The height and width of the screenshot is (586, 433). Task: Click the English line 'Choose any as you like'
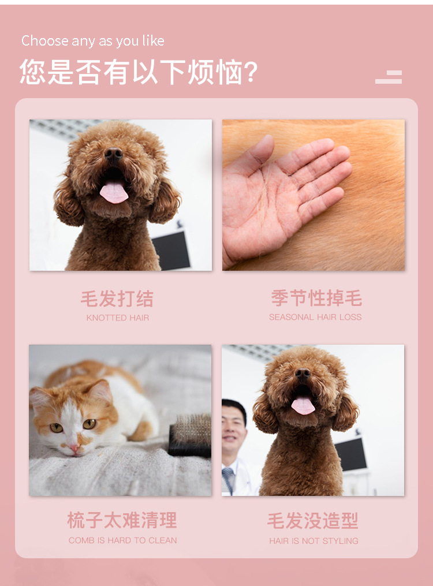pos(93,41)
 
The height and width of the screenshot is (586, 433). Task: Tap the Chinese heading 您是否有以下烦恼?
pos(139,72)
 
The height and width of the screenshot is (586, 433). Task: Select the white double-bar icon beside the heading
pos(389,77)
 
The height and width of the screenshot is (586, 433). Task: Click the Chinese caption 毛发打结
pos(117,298)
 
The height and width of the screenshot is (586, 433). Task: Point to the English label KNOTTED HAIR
pos(118,318)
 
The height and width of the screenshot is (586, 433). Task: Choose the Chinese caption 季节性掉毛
pos(316,298)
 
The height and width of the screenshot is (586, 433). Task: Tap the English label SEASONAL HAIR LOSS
pos(315,317)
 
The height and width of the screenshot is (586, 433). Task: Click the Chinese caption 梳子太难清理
pos(122,520)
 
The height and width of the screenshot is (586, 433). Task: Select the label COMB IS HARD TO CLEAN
pos(123,540)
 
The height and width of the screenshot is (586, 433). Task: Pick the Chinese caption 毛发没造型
pos(313,521)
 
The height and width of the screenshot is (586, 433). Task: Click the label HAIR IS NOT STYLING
pos(313,541)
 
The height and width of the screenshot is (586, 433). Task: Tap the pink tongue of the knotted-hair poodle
pos(114,193)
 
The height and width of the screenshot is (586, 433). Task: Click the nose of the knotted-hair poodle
pos(113,153)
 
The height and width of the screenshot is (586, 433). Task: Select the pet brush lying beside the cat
pos(190,435)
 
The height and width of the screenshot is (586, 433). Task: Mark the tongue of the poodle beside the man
pos(303,405)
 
